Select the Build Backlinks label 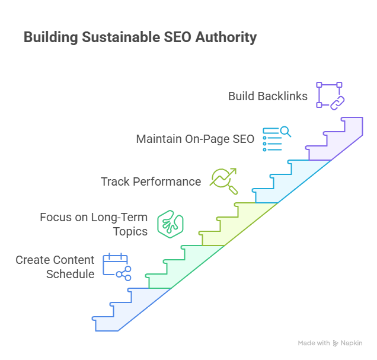268,95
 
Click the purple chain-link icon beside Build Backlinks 330,95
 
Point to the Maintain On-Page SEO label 195,139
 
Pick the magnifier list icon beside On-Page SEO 277,139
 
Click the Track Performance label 151,181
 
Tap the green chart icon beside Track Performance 224,180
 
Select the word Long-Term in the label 119,217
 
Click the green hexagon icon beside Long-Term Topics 170,223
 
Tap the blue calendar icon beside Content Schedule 116,266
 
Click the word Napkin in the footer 352,343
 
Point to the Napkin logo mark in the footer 336,343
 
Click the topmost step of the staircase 353,125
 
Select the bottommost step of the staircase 107,324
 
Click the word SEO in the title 180,37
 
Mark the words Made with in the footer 314,343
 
